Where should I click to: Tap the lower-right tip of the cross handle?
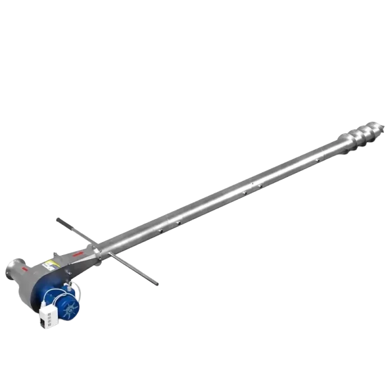[x=158, y=283]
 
